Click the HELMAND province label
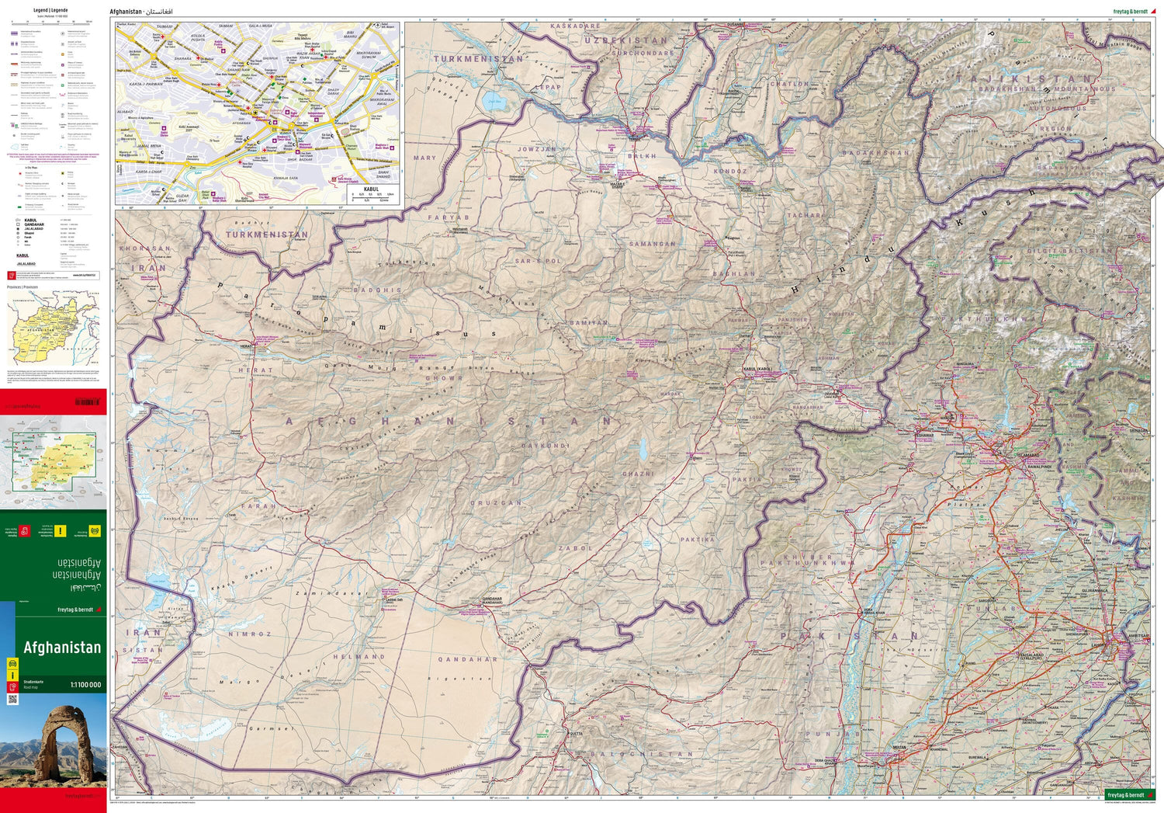click(x=359, y=657)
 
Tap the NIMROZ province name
click(x=249, y=634)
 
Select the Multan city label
click(x=899, y=747)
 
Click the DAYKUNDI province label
click(x=545, y=446)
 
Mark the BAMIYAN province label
click(x=587, y=322)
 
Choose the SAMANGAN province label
click(x=652, y=244)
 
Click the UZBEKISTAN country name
click(x=625, y=40)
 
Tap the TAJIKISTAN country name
click(x=1026, y=79)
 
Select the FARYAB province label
click(x=449, y=218)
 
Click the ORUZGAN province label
click(x=496, y=503)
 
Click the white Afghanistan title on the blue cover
click(x=62, y=648)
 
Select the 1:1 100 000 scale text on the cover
click(x=85, y=685)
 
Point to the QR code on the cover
click(x=12, y=700)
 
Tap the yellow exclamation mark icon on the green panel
click(x=61, y=531)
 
